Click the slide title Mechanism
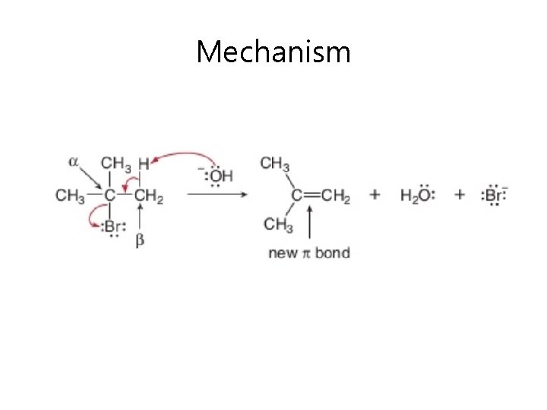(273, 52)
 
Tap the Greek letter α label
(74, 161)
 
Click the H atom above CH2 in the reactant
(144, 163)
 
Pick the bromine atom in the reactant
(112, 226)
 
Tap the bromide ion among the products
(494, 195)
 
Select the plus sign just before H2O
(375, 195)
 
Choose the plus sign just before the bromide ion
(460, 195)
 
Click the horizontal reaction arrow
(217, 195)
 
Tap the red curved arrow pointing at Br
(93, 220)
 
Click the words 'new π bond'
(309, 252)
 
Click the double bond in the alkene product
(312, 196)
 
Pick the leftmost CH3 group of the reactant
(70, 196)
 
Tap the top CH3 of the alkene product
(274, 163)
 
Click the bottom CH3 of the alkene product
(279, 224)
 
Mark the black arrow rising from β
(141, 221)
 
